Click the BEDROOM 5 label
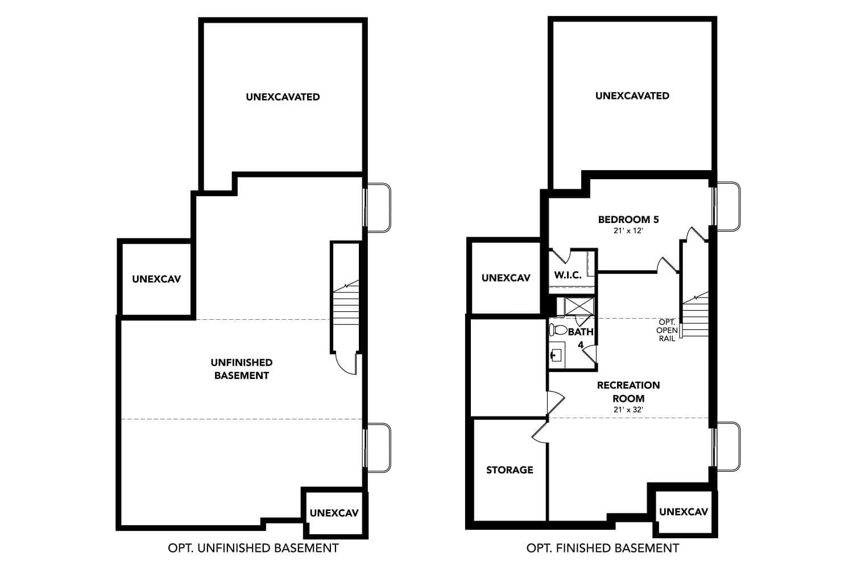pyautogui.click(x=628, y=219)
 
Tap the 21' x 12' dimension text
pyautogui.click(x=628, y=231)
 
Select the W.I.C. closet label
pyautogui.click(x=568, y=275)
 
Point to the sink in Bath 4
pyautogui.click(x=556, y=356)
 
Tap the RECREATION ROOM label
pyautogui.click(x=628, y=391)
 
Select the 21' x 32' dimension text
pyautogui.click(x=628, y=410)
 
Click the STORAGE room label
pyautogui.click(x=510, y=470)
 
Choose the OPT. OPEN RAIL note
pyautogui.click(x=666, y=330)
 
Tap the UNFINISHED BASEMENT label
pyautogui.click(x=241, y=369)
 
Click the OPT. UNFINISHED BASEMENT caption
pyautogui.click(x=253, y=548)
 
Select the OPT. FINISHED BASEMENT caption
pyautogui.click(x=602, y=548)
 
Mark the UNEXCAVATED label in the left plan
pyautogui.click(x=283, y=97)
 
